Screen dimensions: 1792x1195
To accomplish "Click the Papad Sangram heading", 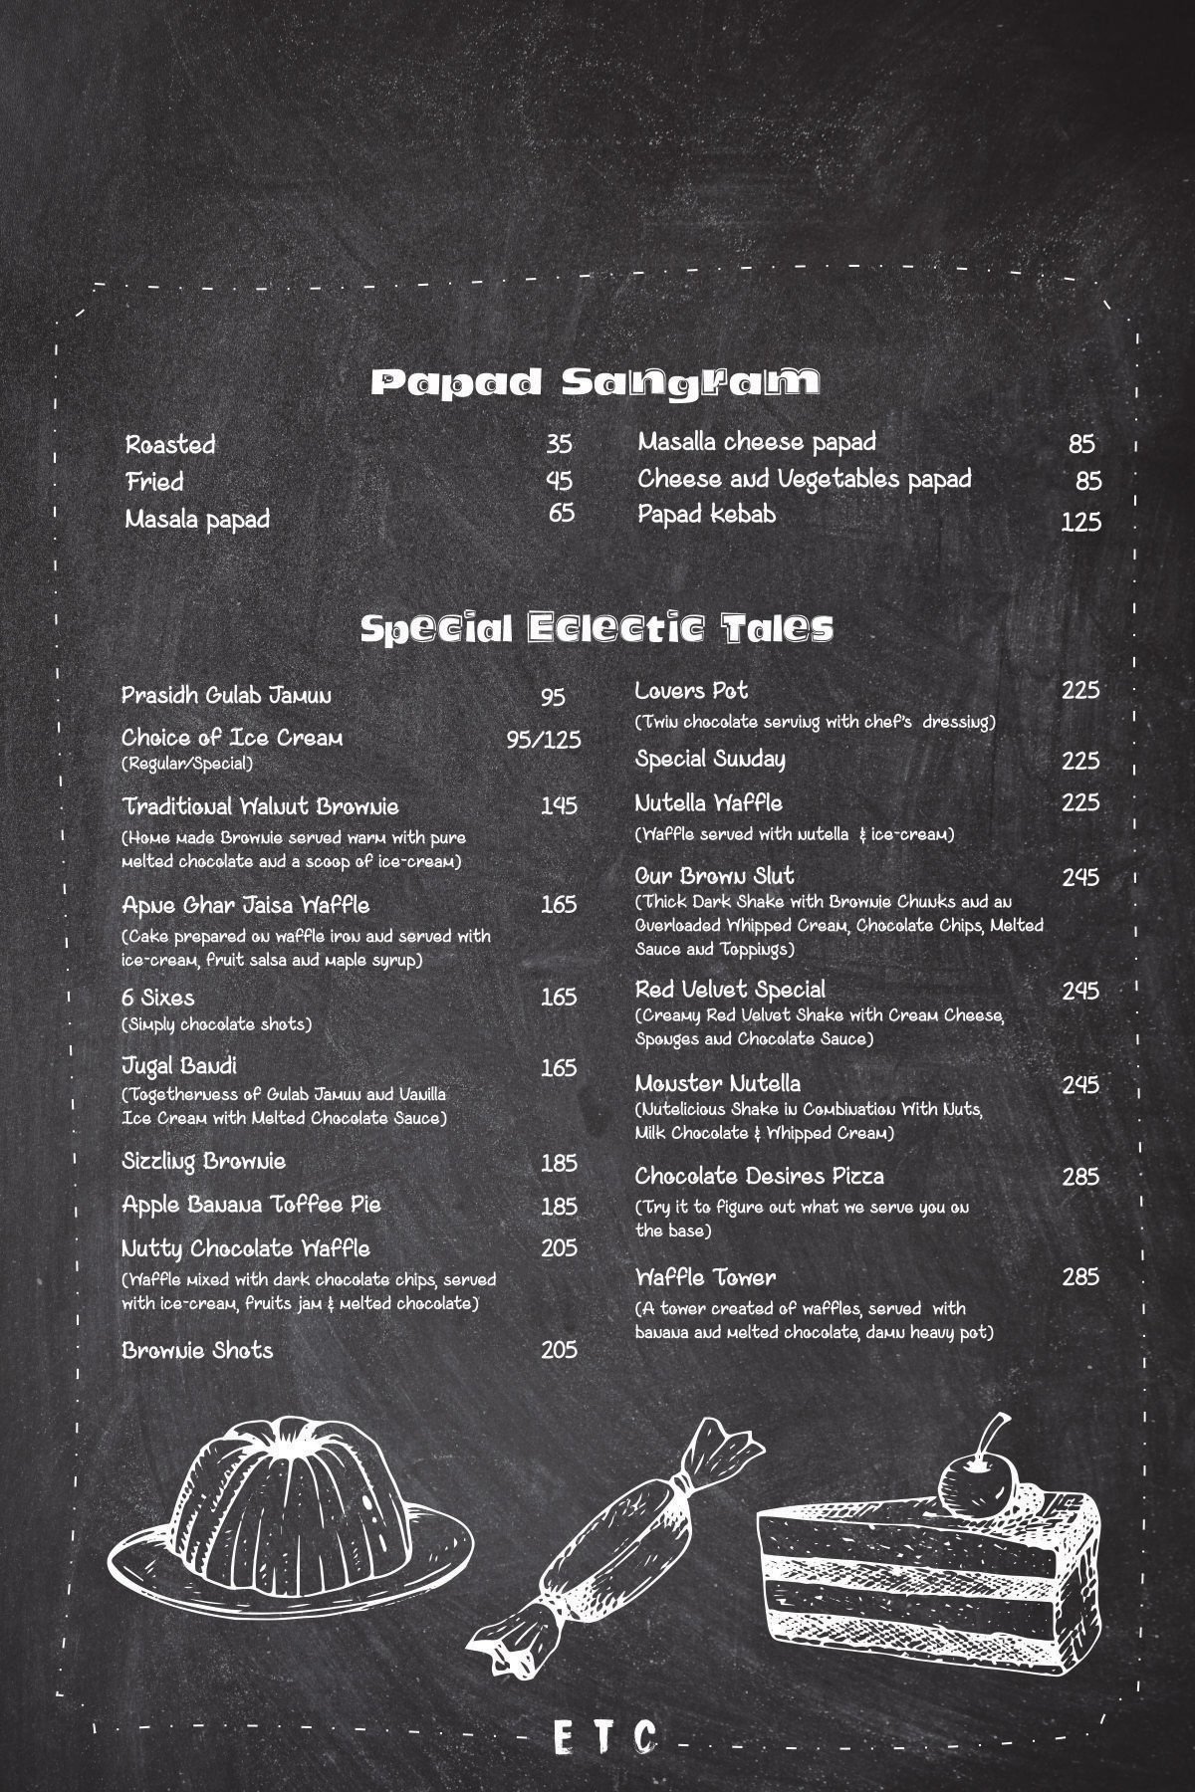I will click(x=596, y=382).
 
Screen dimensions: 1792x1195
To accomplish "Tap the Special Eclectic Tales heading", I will click(x=596, y=628).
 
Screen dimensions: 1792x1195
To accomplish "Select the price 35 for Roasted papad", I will click(x=559, y=443).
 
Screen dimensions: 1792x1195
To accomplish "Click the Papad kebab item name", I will click(x=706, y=515).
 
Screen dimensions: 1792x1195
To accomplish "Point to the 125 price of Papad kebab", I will click(x=1080, y=522).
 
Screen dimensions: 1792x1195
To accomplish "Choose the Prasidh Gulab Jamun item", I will click(x=227, y=695).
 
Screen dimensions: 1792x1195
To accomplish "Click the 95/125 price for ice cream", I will click(x=543, y=740).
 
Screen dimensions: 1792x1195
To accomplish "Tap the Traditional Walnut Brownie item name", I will click(x=260, y=805).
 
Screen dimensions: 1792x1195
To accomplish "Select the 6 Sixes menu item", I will click(x=158, y=998).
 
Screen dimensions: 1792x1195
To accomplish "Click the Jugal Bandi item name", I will click(x=179, y=1066).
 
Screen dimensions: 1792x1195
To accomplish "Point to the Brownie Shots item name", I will click(x=197, y=1351).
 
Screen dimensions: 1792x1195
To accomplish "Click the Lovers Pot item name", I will click(x=691, y=691).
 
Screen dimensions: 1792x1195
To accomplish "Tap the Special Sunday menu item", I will click(x=710, y=760).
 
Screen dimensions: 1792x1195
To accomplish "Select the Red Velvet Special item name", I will click(x=730, y=990).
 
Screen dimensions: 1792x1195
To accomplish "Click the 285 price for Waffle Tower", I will click(x=1079, y=1277).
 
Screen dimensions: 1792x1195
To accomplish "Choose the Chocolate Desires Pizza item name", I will click(x=759, y=1177).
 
